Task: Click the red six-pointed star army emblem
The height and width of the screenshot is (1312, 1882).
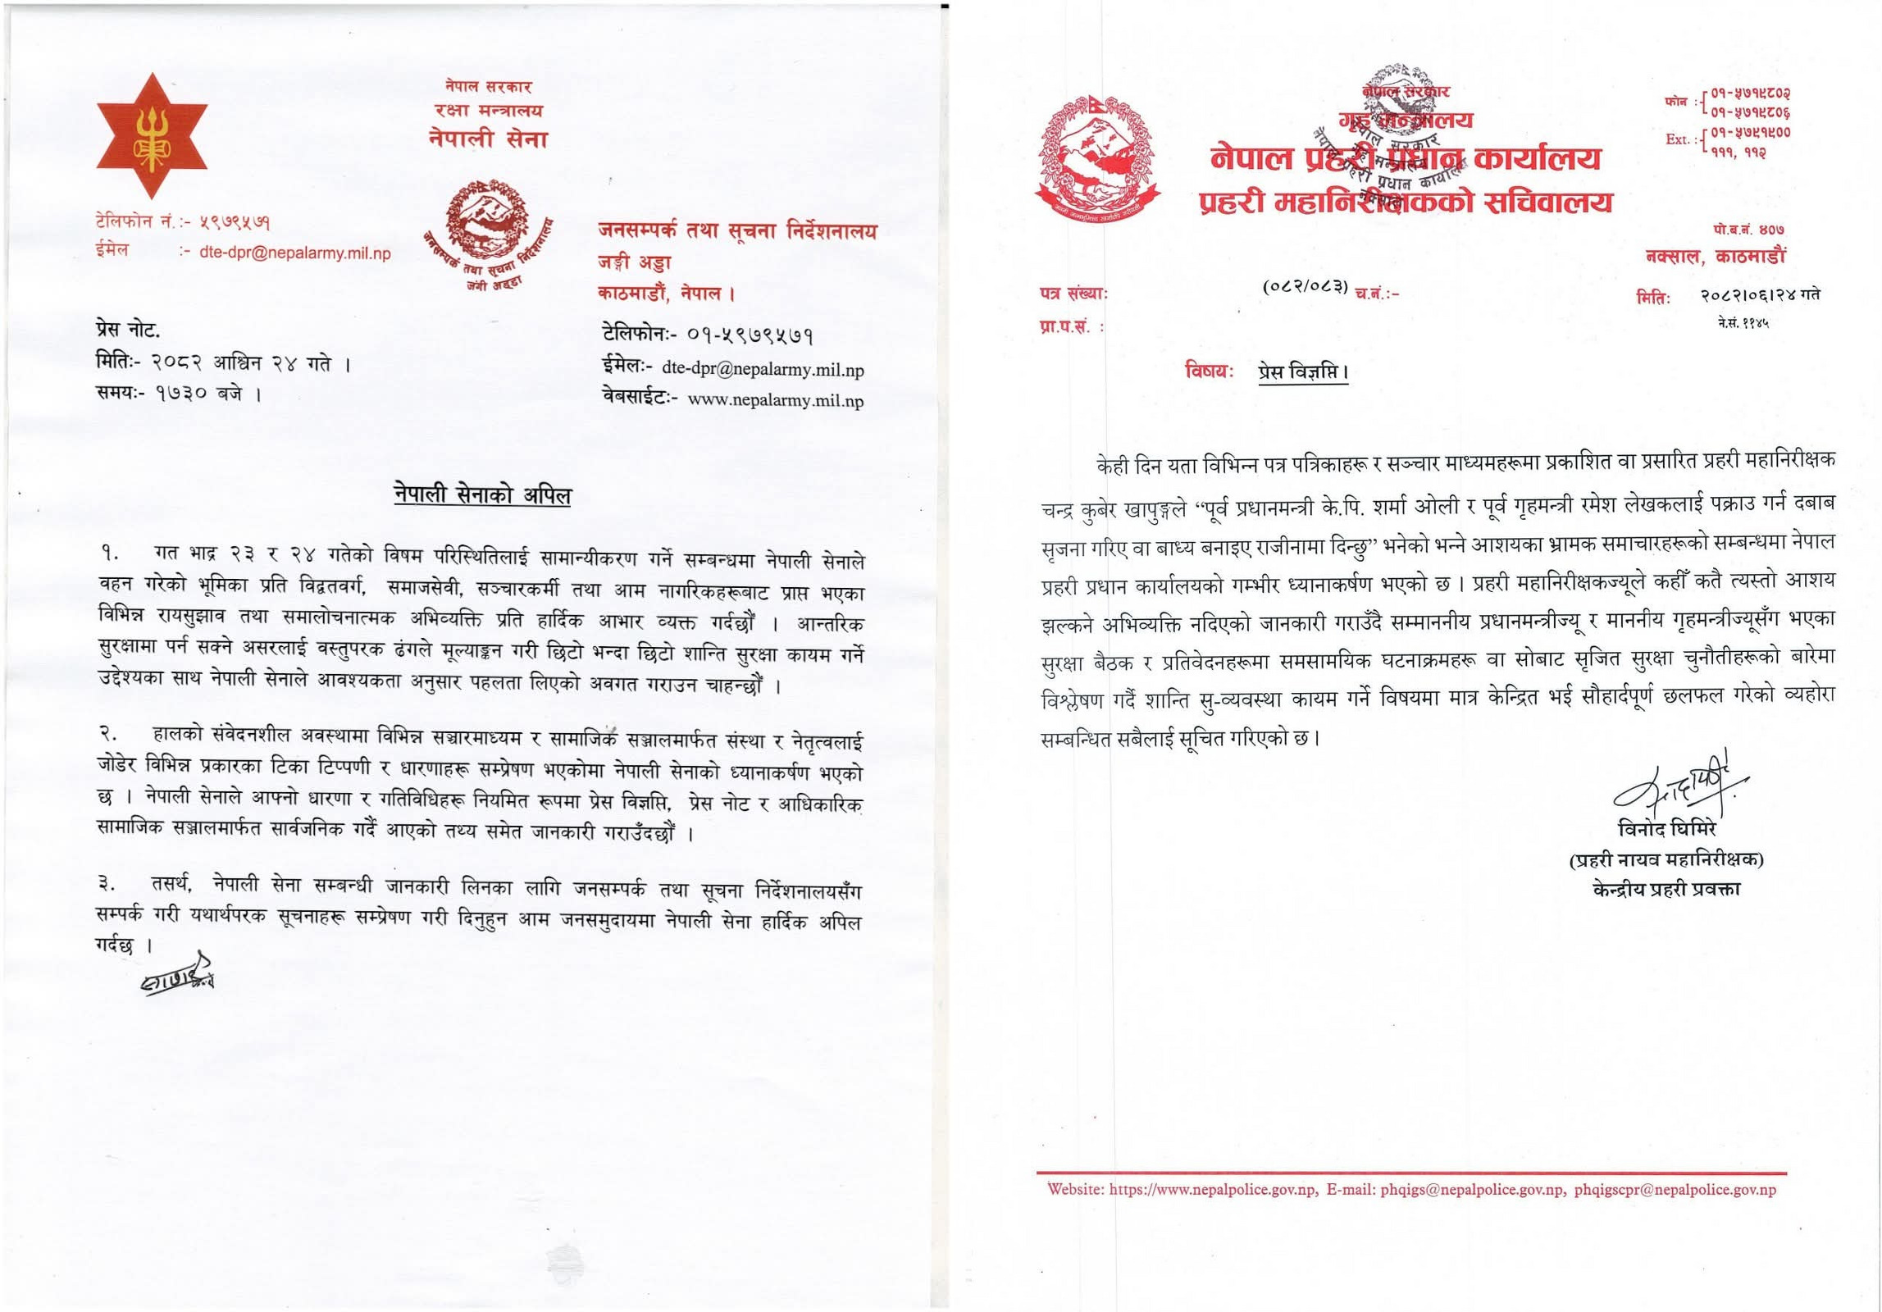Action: [152, 136]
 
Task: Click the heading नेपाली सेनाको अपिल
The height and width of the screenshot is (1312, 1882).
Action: [482, 494]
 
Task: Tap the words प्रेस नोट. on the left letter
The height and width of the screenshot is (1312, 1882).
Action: [128, 330]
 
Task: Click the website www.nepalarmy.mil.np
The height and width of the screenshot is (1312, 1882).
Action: [775, 400]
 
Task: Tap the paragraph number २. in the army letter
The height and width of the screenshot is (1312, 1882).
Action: [110, 732]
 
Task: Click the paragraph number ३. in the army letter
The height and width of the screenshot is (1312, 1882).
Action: [107, 884]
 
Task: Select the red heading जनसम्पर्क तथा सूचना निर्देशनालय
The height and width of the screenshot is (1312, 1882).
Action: [737, 231]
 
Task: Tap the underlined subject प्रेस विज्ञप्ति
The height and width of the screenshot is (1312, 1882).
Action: [1303, 371]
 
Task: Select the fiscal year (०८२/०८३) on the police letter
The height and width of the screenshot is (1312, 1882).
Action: [1305, 286]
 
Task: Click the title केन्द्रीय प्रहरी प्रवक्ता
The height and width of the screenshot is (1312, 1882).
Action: [1666, 889]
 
